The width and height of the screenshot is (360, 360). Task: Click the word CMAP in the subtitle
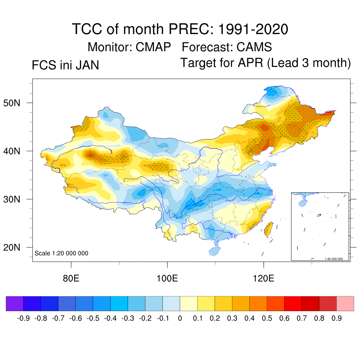tap(153, 47)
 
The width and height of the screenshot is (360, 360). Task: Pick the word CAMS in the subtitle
tap(254, 47)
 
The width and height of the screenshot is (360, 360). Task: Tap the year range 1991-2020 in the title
tap(253, 29)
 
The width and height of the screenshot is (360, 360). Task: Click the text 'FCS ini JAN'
tap(65, 65)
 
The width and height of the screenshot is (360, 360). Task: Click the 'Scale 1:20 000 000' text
tap(62, 253)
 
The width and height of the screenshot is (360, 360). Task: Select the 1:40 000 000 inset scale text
tap(336, 259)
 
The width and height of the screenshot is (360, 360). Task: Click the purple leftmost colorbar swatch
tap(15, 304)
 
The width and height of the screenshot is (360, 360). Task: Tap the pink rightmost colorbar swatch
tap(345, 304)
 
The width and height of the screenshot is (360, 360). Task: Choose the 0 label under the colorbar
tap(180, 319)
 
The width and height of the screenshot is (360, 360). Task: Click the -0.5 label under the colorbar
tap(93, 319)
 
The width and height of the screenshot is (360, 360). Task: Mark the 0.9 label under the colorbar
tap(337, 319)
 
